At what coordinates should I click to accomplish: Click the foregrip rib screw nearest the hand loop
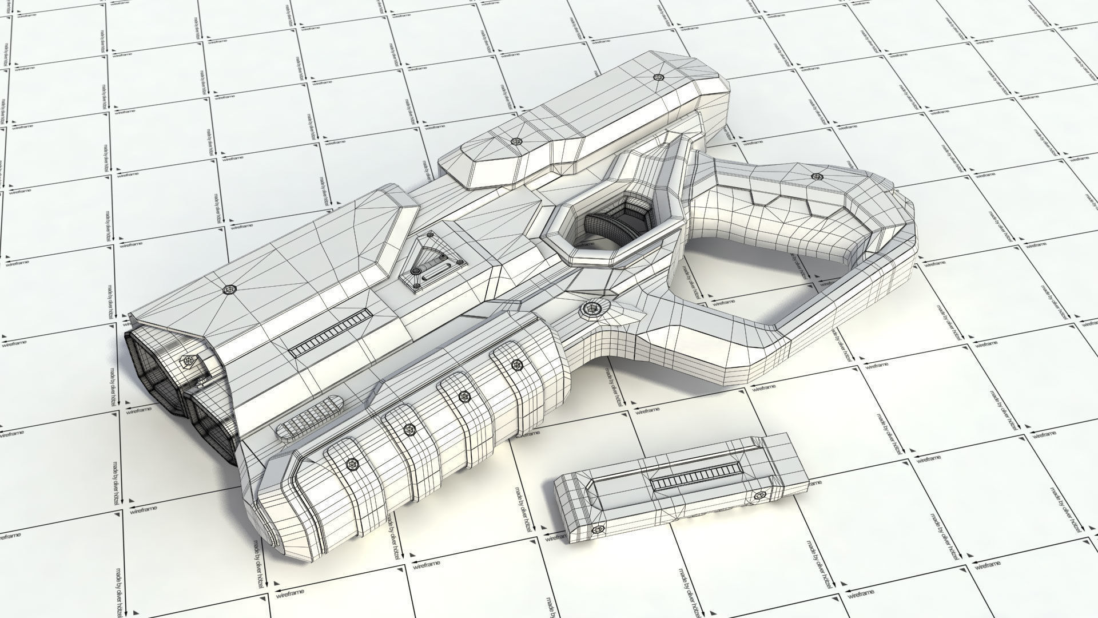[518, 365]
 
